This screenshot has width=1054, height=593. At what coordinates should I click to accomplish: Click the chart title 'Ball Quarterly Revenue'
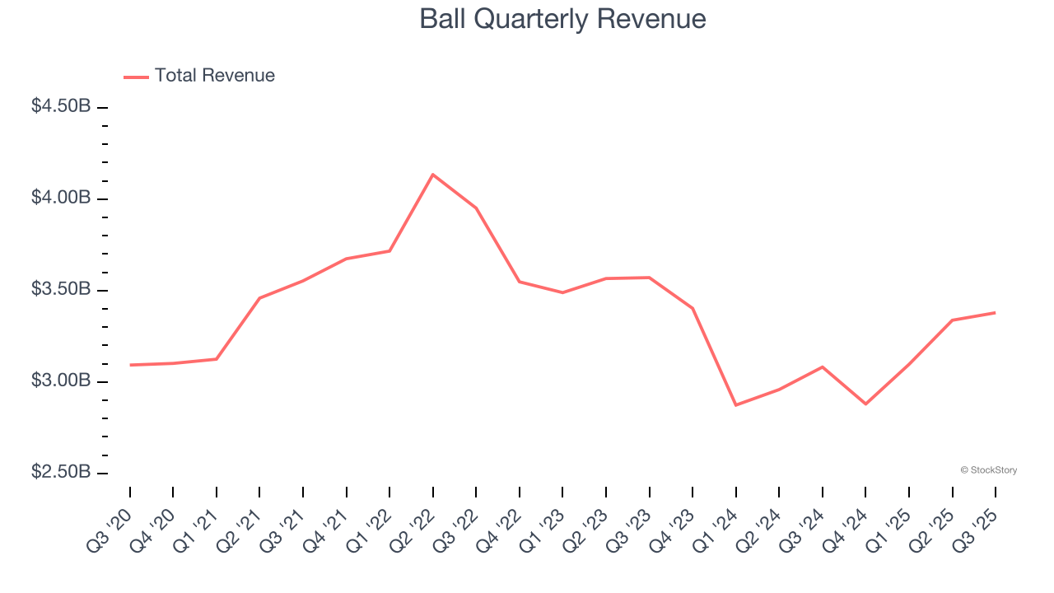(562, 19)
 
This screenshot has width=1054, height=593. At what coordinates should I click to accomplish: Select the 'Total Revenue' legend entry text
(214, 76)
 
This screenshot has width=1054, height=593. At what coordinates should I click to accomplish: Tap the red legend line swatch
(136, 77)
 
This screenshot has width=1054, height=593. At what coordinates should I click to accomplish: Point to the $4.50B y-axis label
(61, 106)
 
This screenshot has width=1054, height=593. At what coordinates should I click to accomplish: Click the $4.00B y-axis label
(61, 198)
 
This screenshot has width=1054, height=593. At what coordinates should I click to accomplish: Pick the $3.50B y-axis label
(61, 289)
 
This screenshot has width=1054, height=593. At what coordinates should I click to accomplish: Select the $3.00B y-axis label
(61, 381)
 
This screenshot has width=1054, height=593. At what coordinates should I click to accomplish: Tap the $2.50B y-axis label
(61, 472)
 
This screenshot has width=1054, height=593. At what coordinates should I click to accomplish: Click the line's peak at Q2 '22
(433, 175)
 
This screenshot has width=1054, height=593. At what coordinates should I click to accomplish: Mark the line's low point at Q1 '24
(735, 405)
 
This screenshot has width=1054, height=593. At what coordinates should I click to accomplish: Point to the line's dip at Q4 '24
(865, 404)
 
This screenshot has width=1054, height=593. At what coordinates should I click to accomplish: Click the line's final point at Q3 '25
(995, 312)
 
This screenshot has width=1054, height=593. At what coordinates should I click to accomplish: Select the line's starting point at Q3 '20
(130, 365)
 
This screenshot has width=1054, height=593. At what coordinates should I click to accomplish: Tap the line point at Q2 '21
(259, 298)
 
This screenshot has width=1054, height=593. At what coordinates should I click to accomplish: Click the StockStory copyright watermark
(988, 470)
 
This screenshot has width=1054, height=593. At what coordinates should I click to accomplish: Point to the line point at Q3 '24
(822, 367)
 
